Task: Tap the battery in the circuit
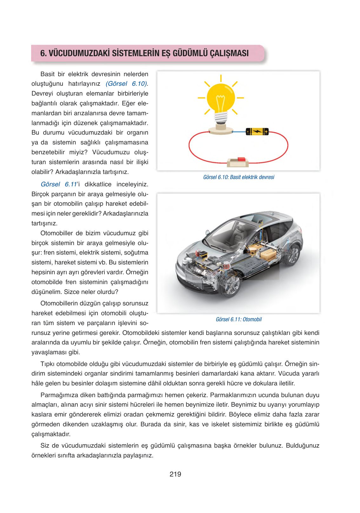257,131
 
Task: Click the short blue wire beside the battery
239,131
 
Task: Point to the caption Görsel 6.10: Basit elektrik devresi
239,177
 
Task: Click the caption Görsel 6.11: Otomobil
239,319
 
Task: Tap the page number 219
175,474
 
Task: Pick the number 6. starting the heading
43,53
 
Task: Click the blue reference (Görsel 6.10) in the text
126,84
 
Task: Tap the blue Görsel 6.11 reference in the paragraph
59,184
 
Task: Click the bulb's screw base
221,118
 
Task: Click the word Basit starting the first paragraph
48,74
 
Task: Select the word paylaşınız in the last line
138,456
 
